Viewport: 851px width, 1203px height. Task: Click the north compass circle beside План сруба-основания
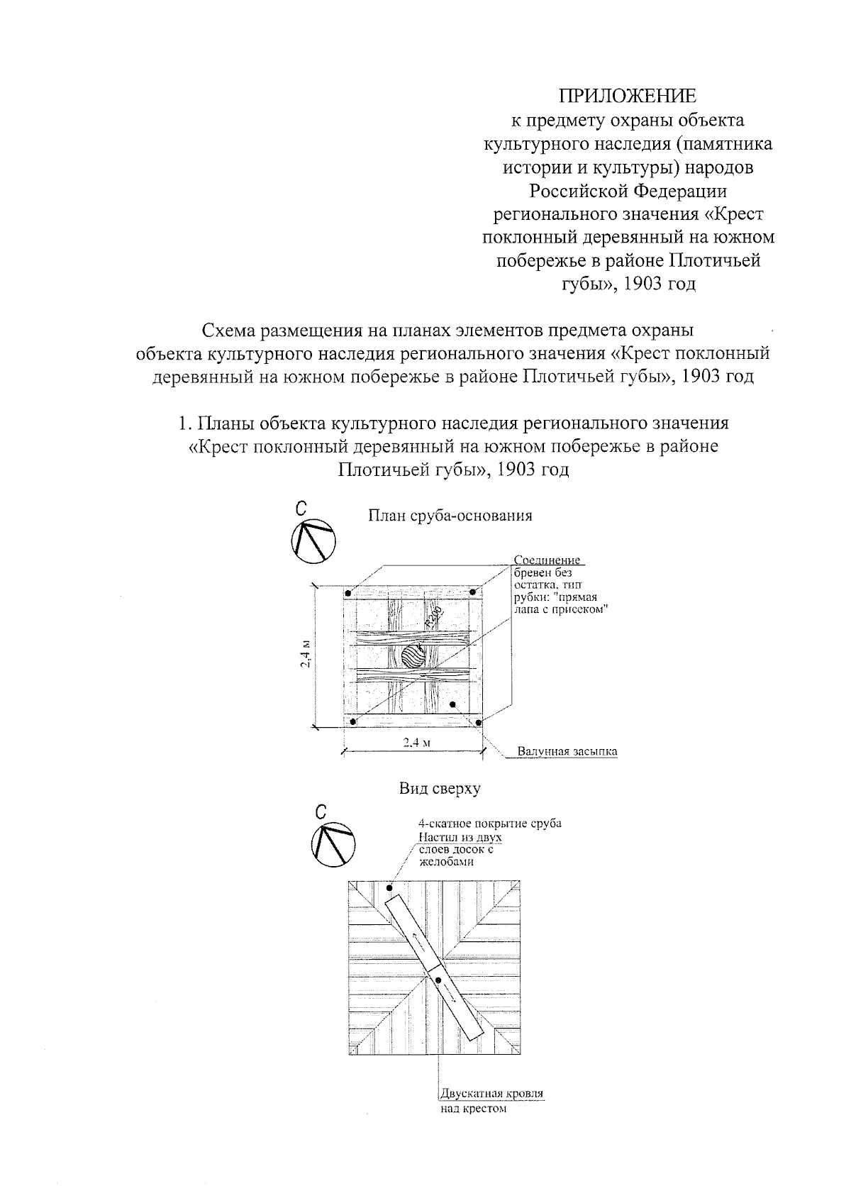click(x=313, y=543)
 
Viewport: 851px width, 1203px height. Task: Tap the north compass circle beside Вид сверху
click(x=333, y=846)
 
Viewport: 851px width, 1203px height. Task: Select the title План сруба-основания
click(x=450, y=516)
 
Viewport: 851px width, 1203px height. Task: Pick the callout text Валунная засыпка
click(x=567, y=751)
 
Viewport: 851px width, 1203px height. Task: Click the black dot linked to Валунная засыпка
click(x=452, y=704)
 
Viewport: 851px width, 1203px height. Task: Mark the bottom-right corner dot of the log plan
click(x=479, y=722)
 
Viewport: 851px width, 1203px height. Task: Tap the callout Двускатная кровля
click(x=492, y=1093)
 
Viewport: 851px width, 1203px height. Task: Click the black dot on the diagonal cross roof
click(x=439, y=981)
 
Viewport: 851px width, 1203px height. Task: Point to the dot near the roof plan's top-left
click(x=389, y=887)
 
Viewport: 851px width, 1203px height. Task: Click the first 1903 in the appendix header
click(x=649, y=284)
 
